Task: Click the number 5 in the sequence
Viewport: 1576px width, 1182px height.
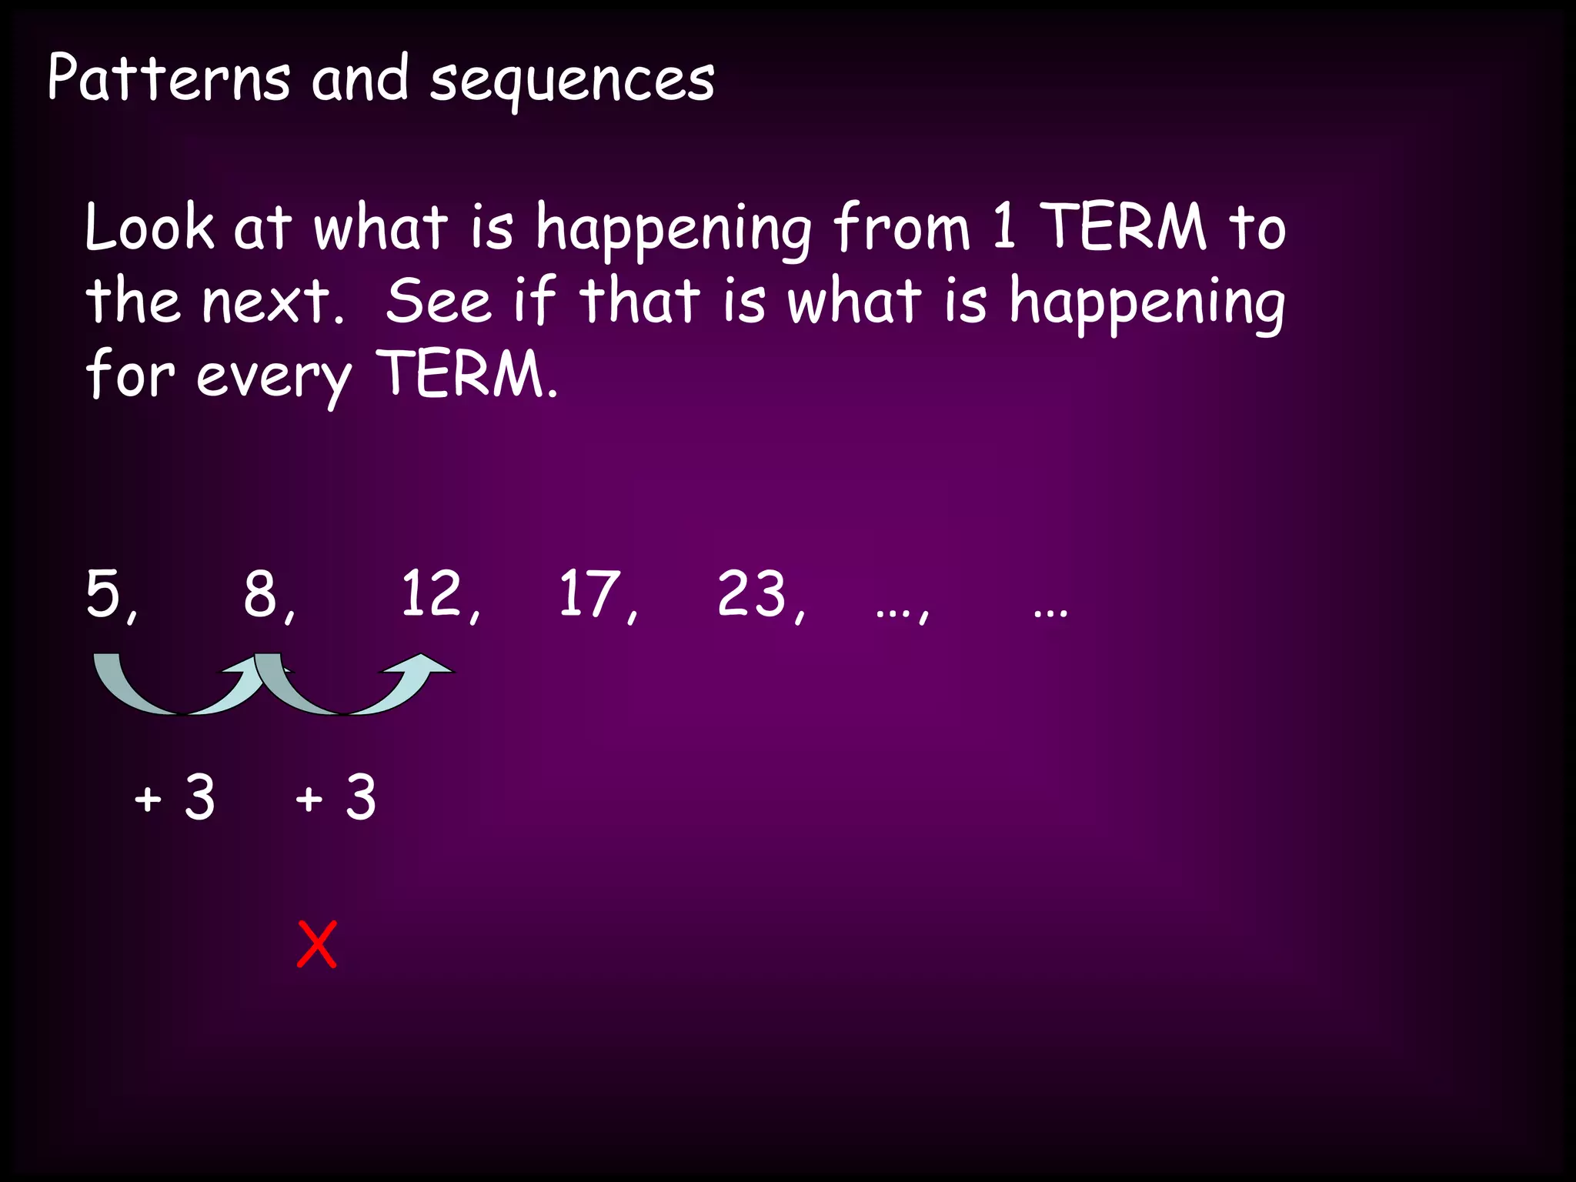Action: click(103, 593)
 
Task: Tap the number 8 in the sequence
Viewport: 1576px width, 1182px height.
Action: click(260, 593)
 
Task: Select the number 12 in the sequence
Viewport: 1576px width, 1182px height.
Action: click(432, 593)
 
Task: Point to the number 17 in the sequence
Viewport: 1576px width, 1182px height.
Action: click(589, 593)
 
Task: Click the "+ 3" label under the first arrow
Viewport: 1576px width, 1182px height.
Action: click(175, 797)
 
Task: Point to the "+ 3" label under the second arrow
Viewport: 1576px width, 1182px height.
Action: click(336, 797)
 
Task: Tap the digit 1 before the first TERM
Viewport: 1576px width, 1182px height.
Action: click(1003, 227)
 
